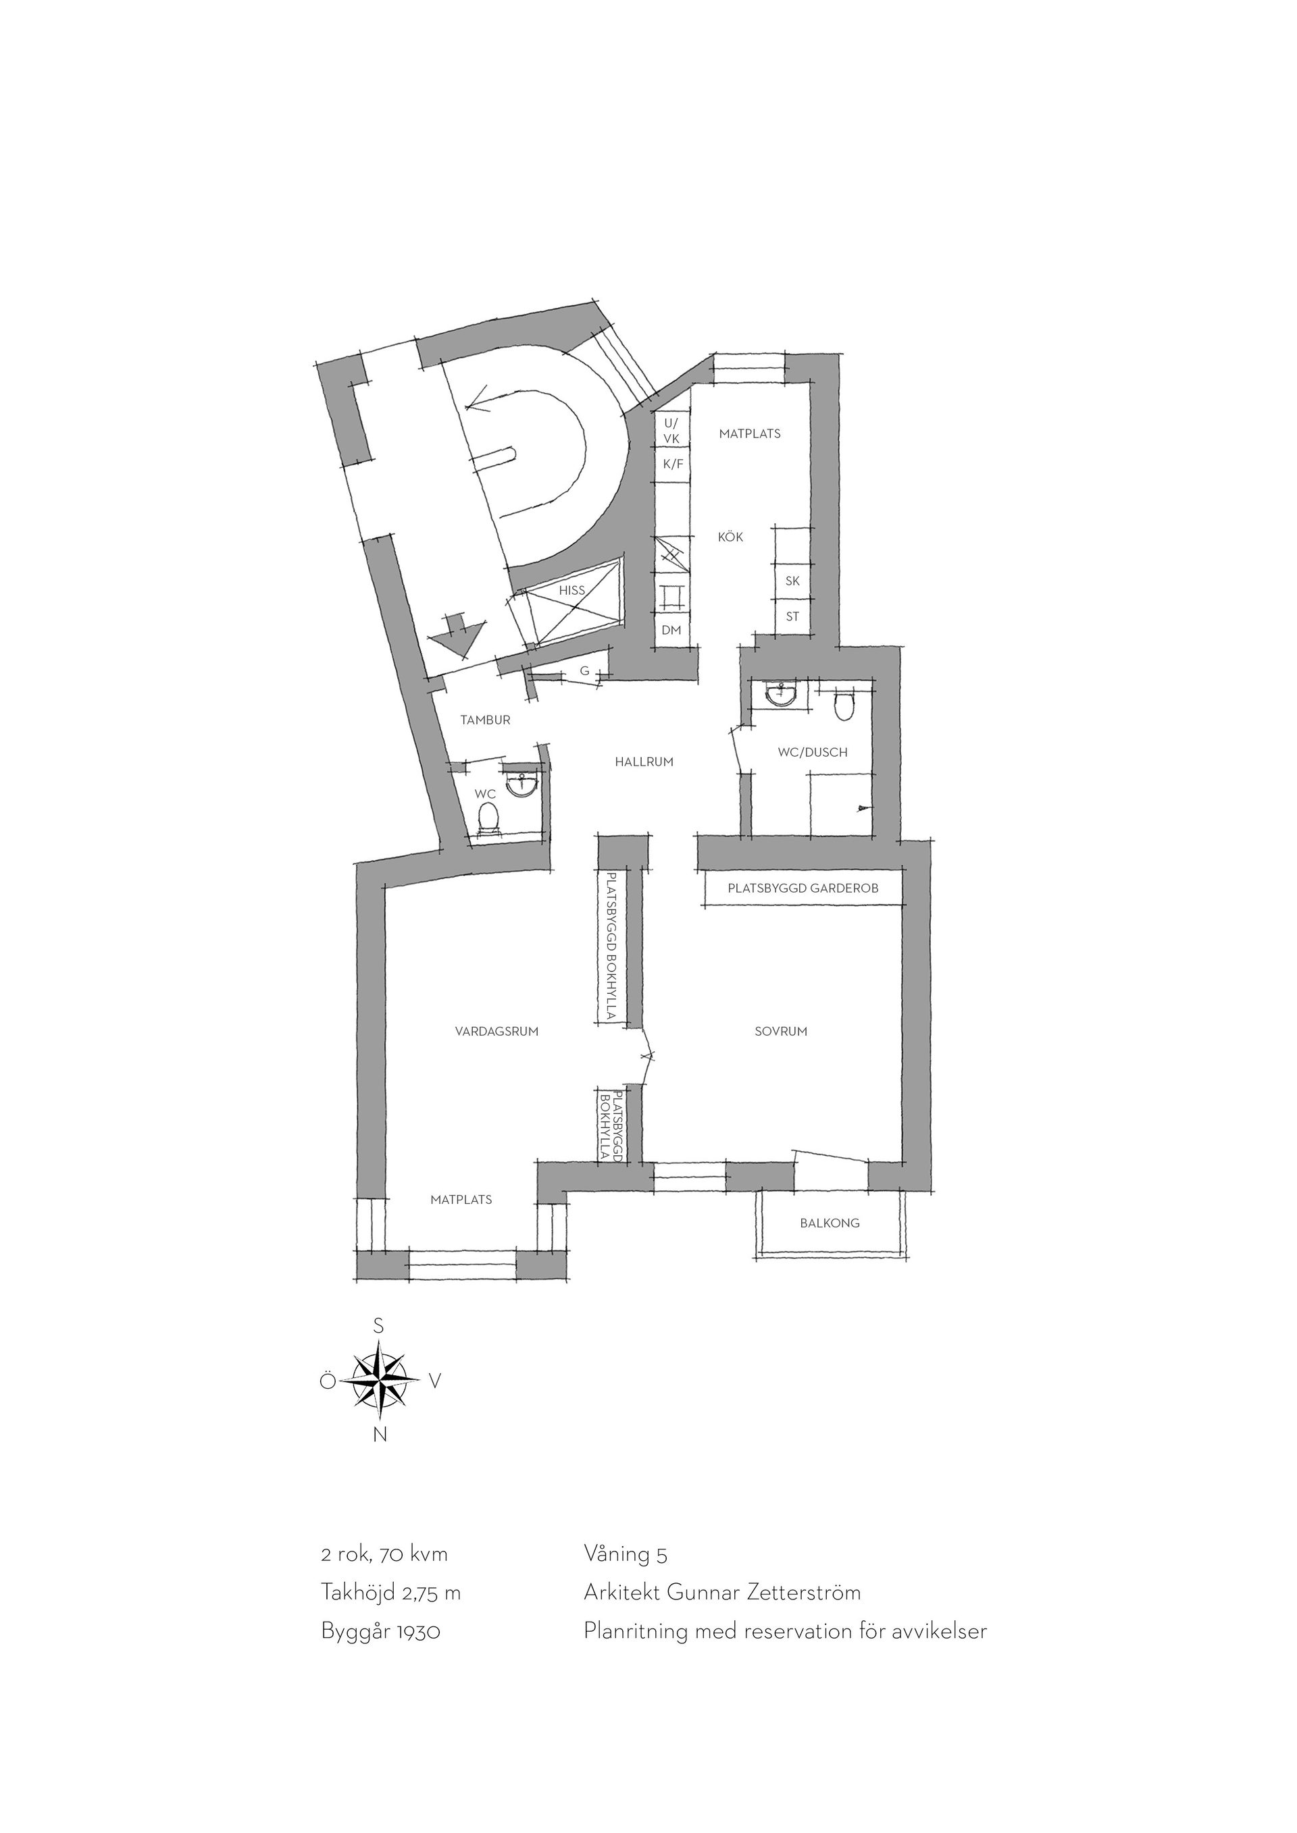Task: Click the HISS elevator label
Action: coord(572,591)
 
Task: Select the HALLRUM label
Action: coord(644,762)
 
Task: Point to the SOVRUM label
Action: coord(780,1032)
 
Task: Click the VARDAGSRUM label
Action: coord(497,1032)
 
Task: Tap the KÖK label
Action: coord(730,537)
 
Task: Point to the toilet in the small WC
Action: coord(488,818)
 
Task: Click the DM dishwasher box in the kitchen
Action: coord(671,630)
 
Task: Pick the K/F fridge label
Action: coord(673,464)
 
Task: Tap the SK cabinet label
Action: coord(792,581)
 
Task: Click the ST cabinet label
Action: coord(792,616)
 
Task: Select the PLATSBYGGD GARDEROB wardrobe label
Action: coord(803,888)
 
